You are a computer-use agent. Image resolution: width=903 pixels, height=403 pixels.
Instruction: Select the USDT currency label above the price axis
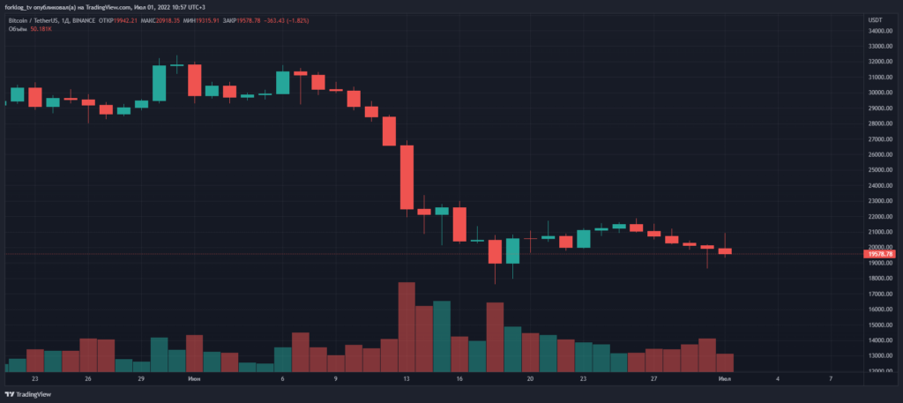coord(875,19)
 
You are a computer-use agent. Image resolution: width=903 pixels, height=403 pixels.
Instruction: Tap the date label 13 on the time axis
coord(407,378)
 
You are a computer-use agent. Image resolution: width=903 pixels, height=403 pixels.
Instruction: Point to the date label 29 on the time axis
coord(141,378)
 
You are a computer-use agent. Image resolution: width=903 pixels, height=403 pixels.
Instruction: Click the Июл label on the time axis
coord(725,378)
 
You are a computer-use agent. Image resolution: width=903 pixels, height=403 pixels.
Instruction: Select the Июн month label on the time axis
coord(194,378)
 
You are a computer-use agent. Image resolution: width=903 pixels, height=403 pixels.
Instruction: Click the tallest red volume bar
coord(407,326)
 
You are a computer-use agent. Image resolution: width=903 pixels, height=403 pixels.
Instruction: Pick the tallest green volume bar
coord(442,335)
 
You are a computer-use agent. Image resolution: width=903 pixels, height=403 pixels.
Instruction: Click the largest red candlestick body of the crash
coord(407,177)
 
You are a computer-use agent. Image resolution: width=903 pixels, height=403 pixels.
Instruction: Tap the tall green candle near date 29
coord(159,83)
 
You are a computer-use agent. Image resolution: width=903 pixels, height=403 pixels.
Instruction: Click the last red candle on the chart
coord(725,251)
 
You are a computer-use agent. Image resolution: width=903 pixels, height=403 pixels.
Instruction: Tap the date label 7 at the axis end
coord(832,378)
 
